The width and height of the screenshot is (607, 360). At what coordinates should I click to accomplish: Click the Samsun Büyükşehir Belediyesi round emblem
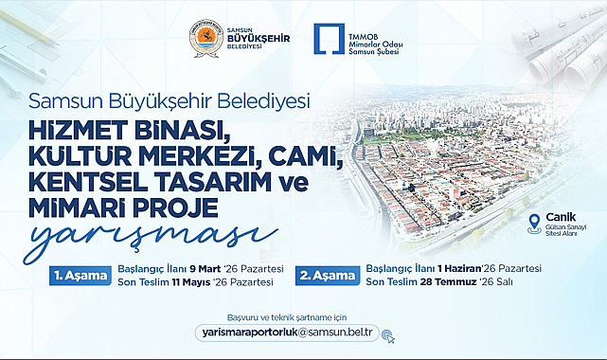(206, 39)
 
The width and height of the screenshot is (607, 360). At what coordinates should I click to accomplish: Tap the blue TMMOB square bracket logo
(329, 39)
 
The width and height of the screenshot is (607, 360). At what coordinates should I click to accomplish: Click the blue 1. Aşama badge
(80, 276)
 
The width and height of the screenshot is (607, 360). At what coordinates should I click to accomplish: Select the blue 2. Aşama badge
(328, 276)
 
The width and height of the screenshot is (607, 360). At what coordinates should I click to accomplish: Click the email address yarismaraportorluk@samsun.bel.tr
(287, 333)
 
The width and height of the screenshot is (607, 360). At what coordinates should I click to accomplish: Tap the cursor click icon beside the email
(388, 336)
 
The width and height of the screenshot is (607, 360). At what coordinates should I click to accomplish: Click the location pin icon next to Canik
(535, 225)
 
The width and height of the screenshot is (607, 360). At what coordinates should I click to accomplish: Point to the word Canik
(561, 217)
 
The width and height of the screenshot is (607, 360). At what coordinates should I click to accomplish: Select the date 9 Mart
(205, 269)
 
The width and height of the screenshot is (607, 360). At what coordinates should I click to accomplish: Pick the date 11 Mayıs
(191, 282)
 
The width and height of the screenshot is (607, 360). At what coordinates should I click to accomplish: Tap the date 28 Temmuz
(447, 281)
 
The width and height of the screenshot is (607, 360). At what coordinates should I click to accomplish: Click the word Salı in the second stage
(504, 281)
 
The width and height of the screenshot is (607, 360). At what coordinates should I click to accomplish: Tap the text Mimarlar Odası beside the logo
(376, 45)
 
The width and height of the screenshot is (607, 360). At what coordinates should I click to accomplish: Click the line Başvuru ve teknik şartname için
(287, 317)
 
